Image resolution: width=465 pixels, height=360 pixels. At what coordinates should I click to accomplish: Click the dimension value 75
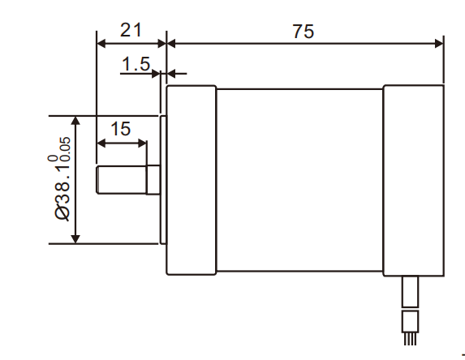304,31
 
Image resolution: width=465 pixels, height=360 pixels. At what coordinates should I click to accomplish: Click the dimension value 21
131,30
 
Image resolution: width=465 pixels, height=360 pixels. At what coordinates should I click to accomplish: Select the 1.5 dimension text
136,63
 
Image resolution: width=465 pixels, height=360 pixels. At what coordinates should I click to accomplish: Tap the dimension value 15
121,128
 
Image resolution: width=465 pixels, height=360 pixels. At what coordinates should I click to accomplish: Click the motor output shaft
121,180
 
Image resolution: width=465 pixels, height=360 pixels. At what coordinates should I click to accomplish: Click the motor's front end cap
191,180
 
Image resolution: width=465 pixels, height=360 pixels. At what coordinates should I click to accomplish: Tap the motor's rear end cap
412,180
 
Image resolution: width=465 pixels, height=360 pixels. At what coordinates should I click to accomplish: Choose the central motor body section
299,180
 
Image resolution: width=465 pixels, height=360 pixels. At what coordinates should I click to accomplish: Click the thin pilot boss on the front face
163,180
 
